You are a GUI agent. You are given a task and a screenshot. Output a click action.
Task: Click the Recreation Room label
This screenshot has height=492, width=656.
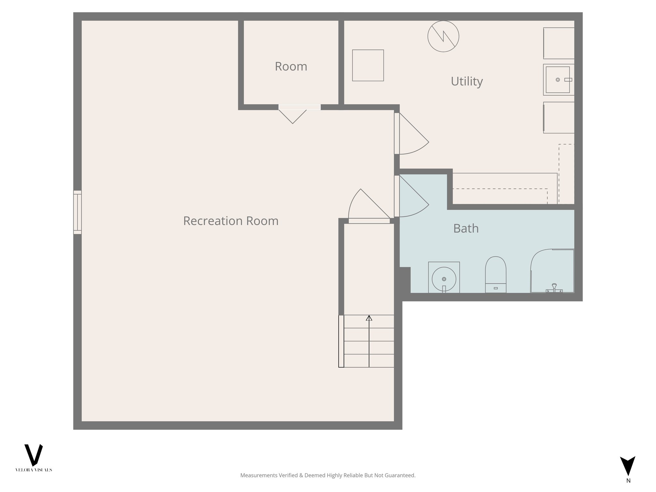231,221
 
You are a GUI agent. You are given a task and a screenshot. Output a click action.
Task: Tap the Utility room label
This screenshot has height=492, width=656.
466,81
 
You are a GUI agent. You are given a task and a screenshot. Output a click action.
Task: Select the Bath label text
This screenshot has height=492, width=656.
466,228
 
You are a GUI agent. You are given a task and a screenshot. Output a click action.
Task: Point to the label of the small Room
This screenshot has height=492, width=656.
291,66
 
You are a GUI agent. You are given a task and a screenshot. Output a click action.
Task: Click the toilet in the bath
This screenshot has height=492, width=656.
496,275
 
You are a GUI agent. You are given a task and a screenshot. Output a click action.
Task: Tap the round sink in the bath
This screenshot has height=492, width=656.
444,278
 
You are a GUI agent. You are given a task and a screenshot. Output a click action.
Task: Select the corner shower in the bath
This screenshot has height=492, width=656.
552,271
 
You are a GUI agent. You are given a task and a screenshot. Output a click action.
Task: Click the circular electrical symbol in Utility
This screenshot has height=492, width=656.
443,36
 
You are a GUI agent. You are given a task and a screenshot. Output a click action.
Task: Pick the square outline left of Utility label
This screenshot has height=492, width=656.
368,65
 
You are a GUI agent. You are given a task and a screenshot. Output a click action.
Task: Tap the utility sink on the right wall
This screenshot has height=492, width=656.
558,79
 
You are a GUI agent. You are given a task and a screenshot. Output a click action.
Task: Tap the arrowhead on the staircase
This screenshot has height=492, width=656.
369,318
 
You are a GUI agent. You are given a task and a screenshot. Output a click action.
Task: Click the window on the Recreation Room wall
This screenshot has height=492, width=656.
78,212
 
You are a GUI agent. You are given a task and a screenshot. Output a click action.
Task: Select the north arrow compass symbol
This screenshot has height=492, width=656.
627,466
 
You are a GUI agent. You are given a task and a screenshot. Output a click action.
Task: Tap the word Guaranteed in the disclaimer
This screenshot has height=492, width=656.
402,475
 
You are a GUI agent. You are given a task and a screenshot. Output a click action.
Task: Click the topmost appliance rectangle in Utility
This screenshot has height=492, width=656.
559,43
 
